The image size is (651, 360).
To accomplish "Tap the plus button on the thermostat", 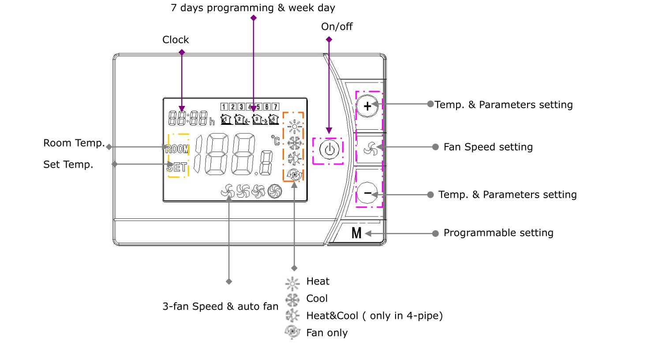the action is click(x=367, y=106).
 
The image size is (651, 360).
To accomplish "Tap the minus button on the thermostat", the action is click(x=367, y=193).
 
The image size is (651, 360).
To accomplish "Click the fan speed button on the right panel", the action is click(x=370, y=149).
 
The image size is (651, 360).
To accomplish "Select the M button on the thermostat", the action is click(x=356, y=233).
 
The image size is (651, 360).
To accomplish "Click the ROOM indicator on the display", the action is click(x=177, y=149).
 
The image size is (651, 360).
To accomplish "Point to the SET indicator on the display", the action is click(x=177, y=167).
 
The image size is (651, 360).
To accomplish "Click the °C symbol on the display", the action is click(x=276, y=140).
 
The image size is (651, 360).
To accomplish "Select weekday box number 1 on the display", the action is click(x=224, y=107).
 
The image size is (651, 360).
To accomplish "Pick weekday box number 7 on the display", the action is click(x=275, y=107).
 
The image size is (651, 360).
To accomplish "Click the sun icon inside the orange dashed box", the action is click(x=294, y=127).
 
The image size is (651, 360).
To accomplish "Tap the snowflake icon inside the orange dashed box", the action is click(x=294, y=143).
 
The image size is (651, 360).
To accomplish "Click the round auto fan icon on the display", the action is click(x=275, y=191).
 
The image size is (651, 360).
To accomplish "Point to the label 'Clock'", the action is click(x=176, y=40).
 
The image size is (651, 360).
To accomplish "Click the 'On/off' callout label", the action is click(x=337, y=27).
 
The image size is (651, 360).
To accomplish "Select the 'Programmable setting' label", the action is click(x=498, y=233).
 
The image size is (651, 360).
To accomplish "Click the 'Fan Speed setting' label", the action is click(x=488, y=147).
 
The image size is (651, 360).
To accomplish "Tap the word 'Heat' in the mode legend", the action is click(x=318, y=281).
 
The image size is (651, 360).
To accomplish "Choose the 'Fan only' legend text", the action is click(x=327, y=333).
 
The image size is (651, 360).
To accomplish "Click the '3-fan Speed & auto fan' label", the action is click(x=220, y=306).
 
